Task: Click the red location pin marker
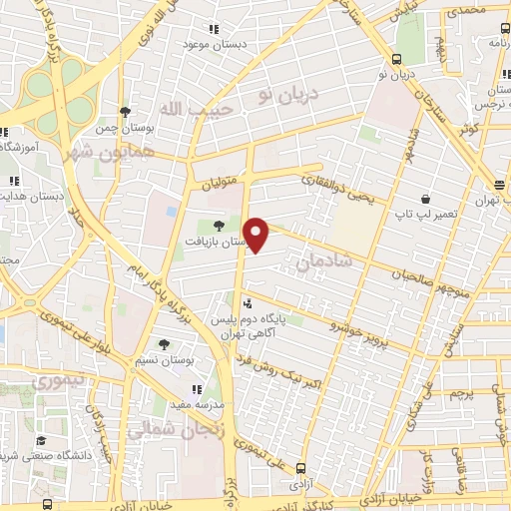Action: pyautogui.click(x=257, y=235)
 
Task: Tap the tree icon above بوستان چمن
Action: pyautogui.click(x=125, y=112)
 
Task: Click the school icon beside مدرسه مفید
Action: pyautogui.click(x=198, y=388)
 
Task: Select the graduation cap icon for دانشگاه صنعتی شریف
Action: pyautogui.click(x=41, y=440)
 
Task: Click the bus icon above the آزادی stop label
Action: pyautogui.click(x=301, y=466)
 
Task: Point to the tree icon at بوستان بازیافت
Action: pyautogui.click(x=218, y=224)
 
